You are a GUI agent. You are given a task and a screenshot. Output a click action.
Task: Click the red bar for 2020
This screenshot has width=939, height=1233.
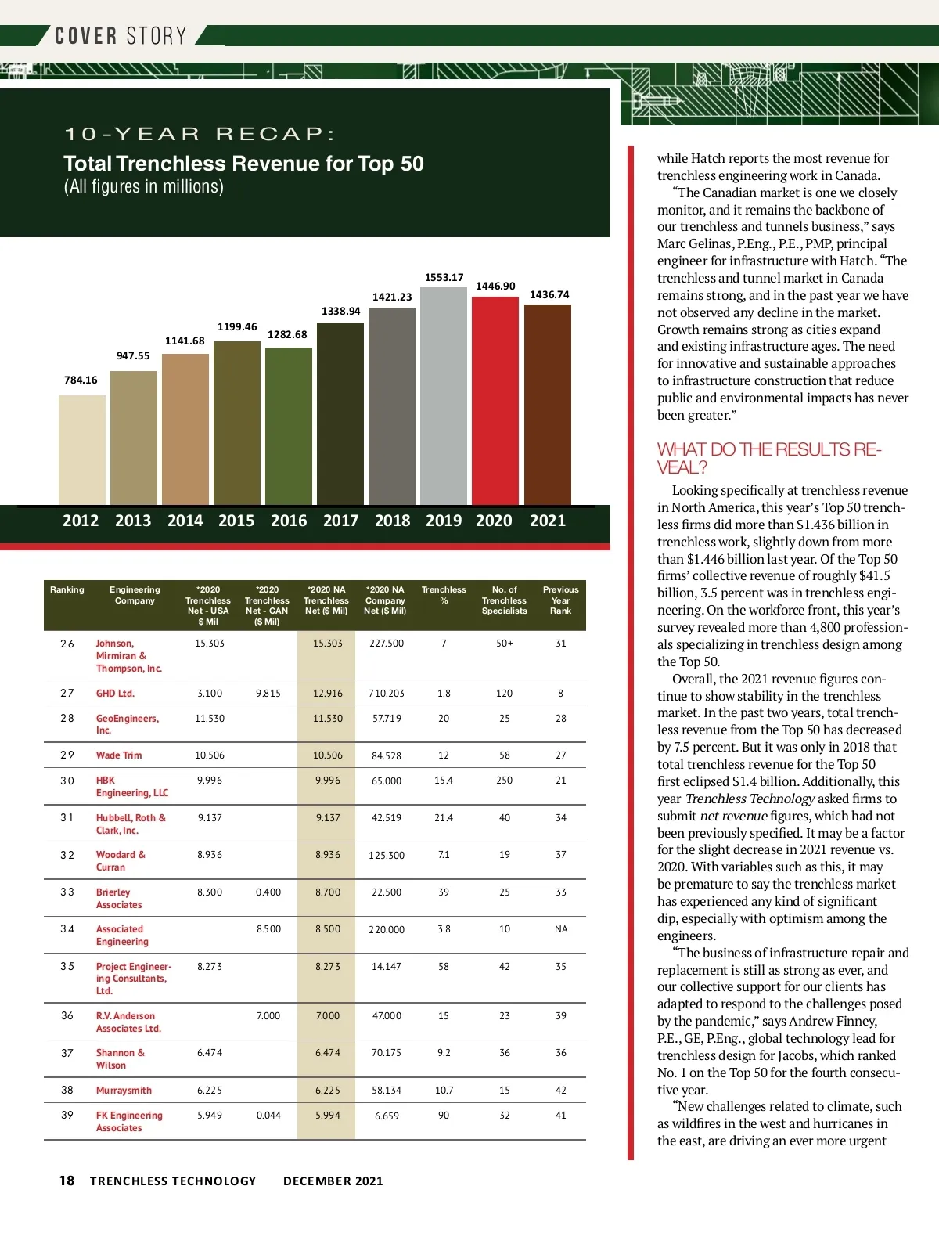pyautogui.click(x=495, y=401)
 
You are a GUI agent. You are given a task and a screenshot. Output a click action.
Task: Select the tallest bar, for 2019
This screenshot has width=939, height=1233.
pyautogui.click(x=444, y=396)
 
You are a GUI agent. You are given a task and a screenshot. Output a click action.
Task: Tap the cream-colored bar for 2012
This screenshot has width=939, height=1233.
pyautogui.click(x=81, y=450)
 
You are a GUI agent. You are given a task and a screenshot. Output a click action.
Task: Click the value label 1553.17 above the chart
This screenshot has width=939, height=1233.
pyautogui.click(x=444, y=277)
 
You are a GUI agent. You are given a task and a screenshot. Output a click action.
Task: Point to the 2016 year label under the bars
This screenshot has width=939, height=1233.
pyautogui.click(x=289, y=521)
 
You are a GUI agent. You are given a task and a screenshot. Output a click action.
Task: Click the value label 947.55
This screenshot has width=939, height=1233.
pyautogui.click(x=133, y=355)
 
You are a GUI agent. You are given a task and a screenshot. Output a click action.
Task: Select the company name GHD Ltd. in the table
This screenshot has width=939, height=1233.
pyautogui.click(x=115, y=694)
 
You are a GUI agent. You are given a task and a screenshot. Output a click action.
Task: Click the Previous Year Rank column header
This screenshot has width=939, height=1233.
pyautogui.click(x=560, y=600)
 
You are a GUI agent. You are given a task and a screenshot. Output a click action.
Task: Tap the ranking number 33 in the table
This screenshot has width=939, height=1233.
pyautogui.click(x=67, y=892)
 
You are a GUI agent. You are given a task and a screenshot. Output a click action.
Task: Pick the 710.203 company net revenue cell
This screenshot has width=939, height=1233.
pyautogui.click(x=387, y=694)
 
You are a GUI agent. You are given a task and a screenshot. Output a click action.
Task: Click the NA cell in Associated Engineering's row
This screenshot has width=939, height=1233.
pyautogui.click(x=561, y=929)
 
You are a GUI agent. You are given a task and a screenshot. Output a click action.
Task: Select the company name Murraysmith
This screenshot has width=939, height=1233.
pyautogui.click(x=124, y=1091)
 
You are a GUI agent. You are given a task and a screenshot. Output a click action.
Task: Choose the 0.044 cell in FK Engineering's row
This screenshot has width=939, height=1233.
pyautogui.click(x=268, y=1116)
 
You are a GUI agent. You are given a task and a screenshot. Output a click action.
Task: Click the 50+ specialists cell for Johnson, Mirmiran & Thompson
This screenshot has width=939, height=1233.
pyautogui.click(x=505, y=644)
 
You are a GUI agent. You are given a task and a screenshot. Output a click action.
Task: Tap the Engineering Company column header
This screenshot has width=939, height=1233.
pyautogui.click(x=135, y=595)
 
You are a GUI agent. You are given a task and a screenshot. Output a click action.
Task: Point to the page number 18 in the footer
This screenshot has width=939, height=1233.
pyautogui.click(x=67, y=1181)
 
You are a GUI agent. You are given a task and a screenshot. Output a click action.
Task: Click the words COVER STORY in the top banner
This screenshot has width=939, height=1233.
pyautogui.click(x=121, y=36)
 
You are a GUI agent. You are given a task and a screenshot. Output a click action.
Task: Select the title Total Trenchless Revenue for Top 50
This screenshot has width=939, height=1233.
pyautogui.click(x=243, y=164)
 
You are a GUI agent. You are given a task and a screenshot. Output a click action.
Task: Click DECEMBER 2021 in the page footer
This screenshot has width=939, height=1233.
pyautogui.click(x=333, y=1181)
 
